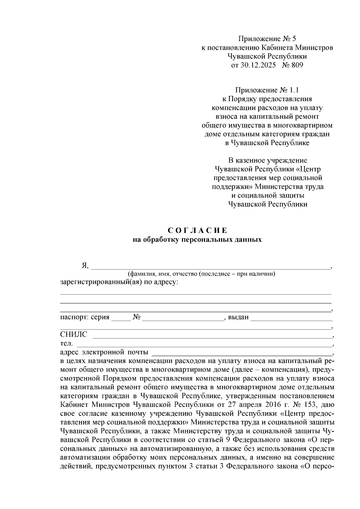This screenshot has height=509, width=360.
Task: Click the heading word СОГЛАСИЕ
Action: [197, 231]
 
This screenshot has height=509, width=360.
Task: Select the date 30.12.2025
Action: [258, 65]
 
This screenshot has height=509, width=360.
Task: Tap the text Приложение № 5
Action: [267, 39]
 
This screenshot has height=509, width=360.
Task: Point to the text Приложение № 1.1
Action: [267, 90]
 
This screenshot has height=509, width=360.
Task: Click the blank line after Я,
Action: [210, 267]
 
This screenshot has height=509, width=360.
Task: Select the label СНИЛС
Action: [73, 335]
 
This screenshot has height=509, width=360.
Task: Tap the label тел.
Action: [66, 343]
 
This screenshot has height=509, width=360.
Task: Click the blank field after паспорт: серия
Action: [121, 318]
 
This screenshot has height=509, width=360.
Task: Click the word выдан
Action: [238, 317]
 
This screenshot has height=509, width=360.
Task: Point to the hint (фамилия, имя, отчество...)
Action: [201, 274]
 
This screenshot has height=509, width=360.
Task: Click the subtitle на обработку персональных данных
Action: [197, 240]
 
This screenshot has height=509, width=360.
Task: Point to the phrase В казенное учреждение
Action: [267, 160]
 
